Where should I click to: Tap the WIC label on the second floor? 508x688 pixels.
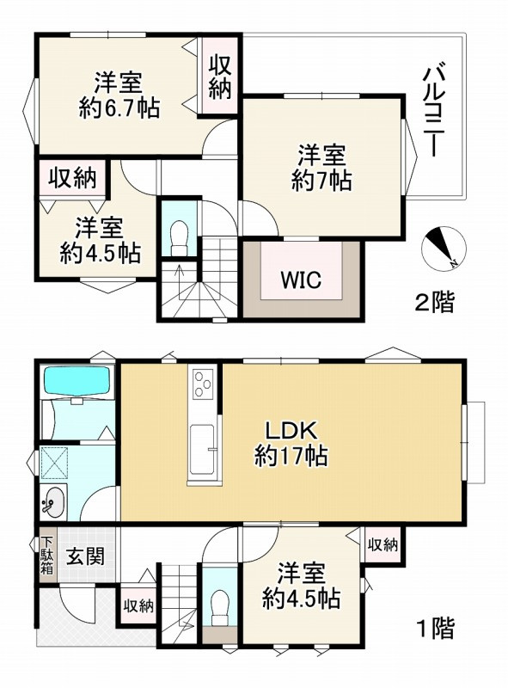click(x=300, y=279)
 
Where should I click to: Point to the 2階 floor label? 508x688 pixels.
click(x=434, y=303)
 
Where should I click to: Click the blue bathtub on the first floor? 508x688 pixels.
click(x=77, y=380)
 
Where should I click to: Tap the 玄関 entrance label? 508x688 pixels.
click(x=88, y=556)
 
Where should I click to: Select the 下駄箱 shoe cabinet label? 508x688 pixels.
click(x=46, y=556)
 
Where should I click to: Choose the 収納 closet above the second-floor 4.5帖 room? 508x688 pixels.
click(x=71, y=179)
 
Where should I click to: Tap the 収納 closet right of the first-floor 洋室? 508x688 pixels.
click(x=383, y=544)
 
